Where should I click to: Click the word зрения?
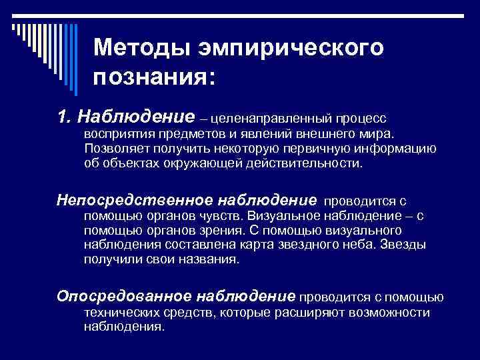[215, 230]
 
